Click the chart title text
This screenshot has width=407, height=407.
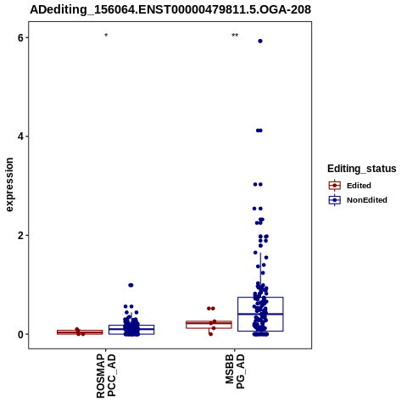click(170, 9)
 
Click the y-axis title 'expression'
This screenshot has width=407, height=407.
click(9, 185)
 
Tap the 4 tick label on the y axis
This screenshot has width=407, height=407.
click(20, 137)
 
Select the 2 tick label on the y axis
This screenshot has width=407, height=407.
click(20, 235)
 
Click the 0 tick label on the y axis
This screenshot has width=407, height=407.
click(20, 334)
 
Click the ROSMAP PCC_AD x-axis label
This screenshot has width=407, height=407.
click(106, 376)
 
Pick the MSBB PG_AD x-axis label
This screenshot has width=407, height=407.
click(235, 371)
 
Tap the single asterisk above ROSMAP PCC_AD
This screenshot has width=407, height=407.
click(106, 36)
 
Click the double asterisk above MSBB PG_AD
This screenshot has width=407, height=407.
click(235, 36)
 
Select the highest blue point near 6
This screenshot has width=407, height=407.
click(260, 41)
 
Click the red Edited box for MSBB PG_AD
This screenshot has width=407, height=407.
click(209, 325)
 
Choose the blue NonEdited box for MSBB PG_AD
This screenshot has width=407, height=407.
click(260, 314)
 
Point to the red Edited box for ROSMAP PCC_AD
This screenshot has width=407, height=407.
click(80, 332)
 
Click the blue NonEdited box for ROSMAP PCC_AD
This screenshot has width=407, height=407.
click(131, 330)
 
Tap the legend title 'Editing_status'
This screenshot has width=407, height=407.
click(361, 169)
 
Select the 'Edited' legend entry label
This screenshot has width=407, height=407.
click(359, 186)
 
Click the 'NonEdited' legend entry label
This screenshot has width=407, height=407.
click(367, 200)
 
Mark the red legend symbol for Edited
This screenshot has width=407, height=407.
click(335, 186)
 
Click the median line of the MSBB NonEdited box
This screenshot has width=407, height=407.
click(260, 314)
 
